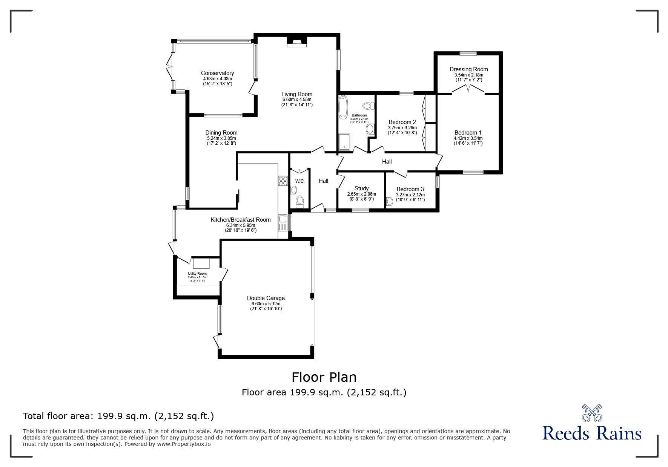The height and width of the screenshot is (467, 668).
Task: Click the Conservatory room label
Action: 217,73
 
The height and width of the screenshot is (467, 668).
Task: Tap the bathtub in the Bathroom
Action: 343,107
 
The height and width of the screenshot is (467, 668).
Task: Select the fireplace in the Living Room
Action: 297,41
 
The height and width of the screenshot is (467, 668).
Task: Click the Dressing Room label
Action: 468,69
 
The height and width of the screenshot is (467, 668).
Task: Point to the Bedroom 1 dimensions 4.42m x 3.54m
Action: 468,138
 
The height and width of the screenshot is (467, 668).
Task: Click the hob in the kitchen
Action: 283,181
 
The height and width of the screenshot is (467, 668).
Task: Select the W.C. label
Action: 300,181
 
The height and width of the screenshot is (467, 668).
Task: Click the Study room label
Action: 361,188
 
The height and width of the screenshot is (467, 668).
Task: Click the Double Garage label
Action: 266,298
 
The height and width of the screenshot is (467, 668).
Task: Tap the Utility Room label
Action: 197,274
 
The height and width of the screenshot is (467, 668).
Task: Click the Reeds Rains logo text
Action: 592,433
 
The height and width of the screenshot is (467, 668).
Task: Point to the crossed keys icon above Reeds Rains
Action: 592,413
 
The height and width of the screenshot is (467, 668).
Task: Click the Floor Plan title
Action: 324,377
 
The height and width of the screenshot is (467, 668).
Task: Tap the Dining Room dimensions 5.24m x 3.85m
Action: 221,138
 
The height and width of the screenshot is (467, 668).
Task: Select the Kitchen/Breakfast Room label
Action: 240,220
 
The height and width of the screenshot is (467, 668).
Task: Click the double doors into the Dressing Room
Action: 468,89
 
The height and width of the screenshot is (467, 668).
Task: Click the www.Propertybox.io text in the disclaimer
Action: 184,444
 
